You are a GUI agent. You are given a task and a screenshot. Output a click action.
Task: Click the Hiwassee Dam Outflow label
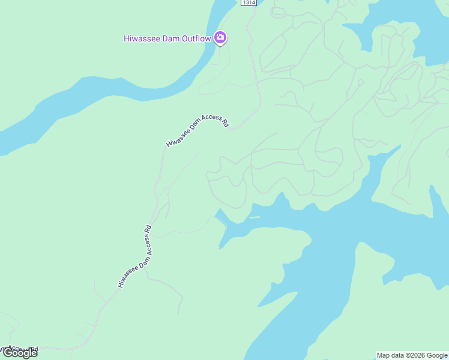click(x=167, y=38)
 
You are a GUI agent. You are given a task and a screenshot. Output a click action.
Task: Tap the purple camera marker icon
click(x=220, y=38)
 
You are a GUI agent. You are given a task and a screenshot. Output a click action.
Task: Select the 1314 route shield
click(x=249, y=3)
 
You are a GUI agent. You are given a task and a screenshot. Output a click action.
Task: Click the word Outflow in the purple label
click(x=197, y=38)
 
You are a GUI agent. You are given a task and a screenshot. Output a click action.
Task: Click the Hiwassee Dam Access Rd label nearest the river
click(x=197, y=130)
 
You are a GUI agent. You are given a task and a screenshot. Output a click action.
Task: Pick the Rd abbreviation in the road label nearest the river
click(x=225, y=122)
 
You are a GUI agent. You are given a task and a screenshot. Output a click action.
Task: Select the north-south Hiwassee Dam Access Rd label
click(x=134, y=256)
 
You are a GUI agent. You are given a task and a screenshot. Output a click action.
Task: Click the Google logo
click(x=20, y=353)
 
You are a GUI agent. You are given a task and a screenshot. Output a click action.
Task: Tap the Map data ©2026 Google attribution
click(x=412, y=355)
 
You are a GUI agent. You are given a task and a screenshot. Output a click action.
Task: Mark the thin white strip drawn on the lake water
click(x=255, y=217)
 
